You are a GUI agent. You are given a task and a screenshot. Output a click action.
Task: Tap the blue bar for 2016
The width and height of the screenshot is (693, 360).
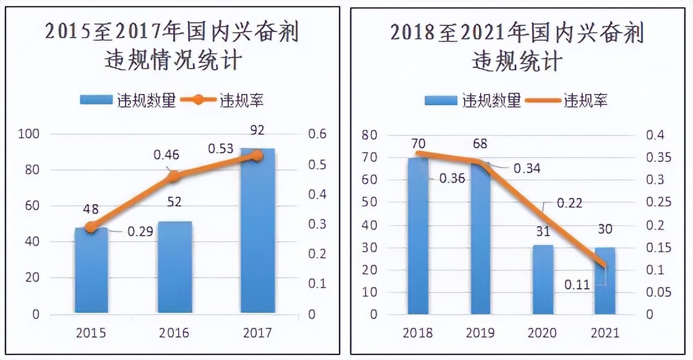coord(174,267)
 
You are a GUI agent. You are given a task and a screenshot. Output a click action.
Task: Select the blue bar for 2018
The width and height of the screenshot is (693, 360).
coord(418,235)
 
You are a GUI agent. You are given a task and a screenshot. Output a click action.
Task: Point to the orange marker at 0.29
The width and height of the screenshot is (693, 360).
coord(91,227)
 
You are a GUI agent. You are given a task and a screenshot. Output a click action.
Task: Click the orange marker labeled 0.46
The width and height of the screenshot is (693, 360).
coord(174,176)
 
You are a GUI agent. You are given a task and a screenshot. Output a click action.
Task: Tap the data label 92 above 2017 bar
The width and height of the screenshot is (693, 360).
coord(257,131)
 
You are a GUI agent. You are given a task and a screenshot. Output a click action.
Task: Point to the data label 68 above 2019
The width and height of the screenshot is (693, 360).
coord(480,144)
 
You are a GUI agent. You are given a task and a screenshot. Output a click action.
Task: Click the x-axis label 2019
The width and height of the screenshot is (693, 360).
coord(480,333)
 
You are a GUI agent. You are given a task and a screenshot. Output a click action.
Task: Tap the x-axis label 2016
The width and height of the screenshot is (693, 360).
coord(174,333)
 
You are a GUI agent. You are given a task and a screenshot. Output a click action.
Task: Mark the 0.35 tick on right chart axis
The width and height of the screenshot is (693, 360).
coord(658,157)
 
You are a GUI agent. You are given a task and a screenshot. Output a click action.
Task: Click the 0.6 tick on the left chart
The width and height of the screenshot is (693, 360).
coord(317,134)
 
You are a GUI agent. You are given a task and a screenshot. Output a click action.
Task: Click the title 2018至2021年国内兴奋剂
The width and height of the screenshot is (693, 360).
coord(517,33)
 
